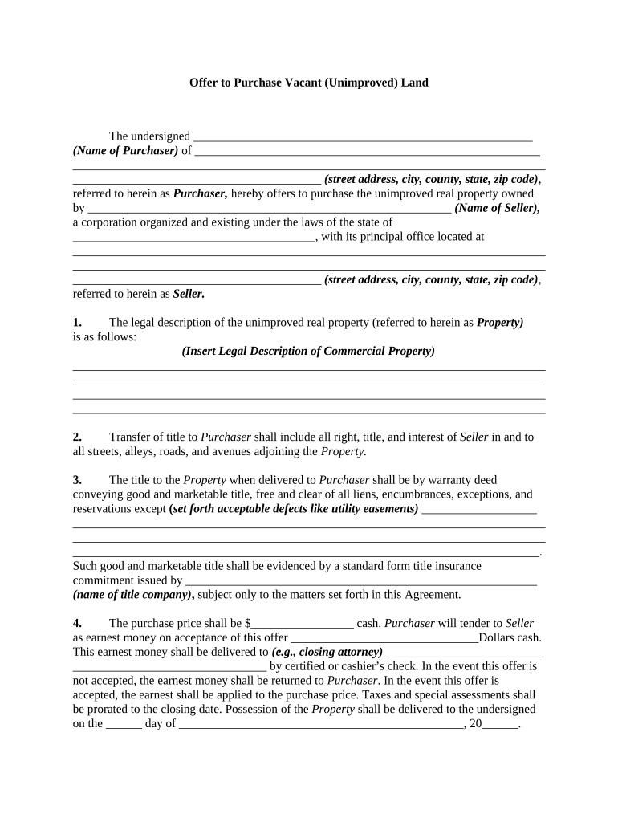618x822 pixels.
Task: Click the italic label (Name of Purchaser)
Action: coord(125,151)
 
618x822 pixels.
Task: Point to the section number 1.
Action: coord(77,323)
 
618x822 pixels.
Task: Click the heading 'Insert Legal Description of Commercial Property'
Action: coord(308,352)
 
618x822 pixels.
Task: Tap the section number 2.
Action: coord(77,437)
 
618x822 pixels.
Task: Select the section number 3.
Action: coord(77,480)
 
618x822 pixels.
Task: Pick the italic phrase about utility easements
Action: coord(294,509)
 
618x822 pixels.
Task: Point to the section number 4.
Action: coord(77,623)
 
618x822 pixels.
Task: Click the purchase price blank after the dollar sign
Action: coord(303,625)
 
